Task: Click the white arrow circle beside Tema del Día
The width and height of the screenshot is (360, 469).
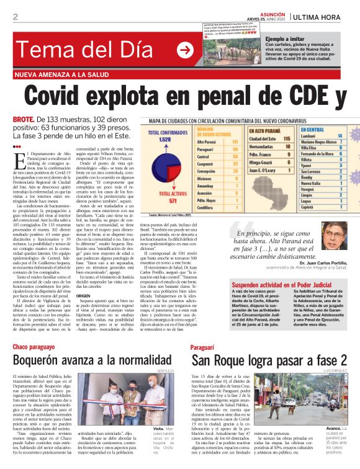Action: click(184, 50)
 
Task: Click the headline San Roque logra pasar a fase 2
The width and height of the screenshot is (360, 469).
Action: click(268, 361)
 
